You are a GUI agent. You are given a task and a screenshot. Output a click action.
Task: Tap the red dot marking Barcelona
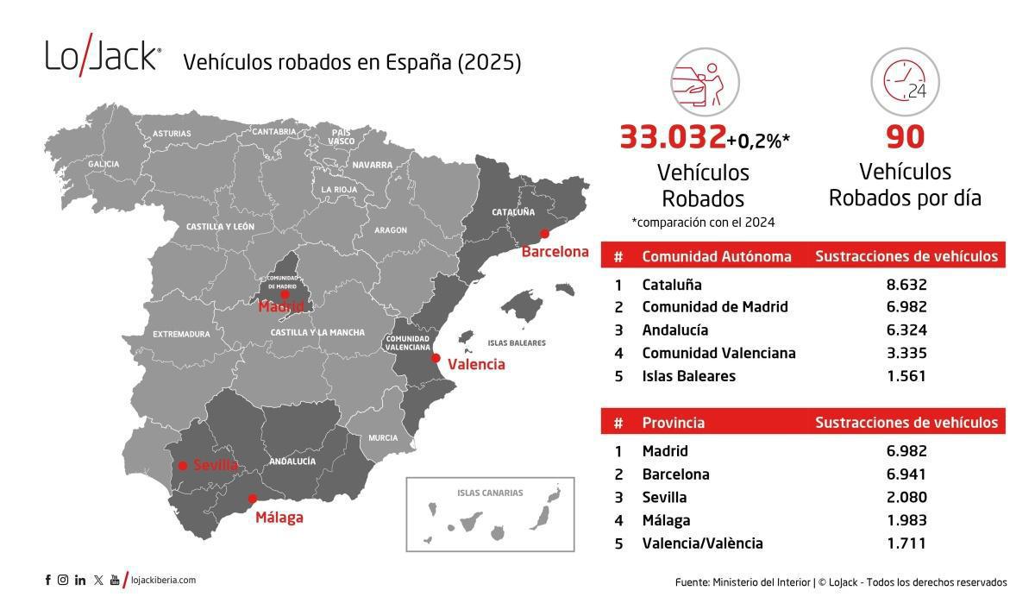click(544, 233)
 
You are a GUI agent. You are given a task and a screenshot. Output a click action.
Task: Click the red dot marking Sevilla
click(183, 466)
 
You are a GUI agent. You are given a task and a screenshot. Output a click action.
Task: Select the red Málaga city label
click(279, 518)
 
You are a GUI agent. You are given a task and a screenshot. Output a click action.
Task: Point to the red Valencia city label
click(476, 364)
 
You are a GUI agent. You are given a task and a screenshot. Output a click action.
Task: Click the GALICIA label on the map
click(103, 164)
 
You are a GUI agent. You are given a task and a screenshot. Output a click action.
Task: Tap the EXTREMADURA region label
click(181, 334)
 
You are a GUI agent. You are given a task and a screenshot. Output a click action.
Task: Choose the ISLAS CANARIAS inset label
click(490, 493)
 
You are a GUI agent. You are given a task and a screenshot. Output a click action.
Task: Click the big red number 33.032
click(673, 138)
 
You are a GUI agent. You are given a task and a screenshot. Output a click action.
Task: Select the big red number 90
click(905, 138)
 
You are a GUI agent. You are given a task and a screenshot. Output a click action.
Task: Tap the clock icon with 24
click(905, 82)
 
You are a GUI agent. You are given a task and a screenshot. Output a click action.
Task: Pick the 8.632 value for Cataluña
click(906, 284)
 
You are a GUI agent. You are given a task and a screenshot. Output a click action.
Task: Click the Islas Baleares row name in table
click(688, 376)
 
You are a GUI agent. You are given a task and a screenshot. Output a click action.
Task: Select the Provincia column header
click(673, 423)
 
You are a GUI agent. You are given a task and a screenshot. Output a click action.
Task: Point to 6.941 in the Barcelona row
click(906, 474)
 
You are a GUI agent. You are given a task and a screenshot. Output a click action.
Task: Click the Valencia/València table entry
click(702, 543)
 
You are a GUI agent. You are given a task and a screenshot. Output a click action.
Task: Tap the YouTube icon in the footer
click(115, 581)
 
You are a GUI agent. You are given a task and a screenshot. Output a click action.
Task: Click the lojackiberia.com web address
click(163, 581)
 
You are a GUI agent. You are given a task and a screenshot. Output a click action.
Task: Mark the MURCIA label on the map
click(383, 438)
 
